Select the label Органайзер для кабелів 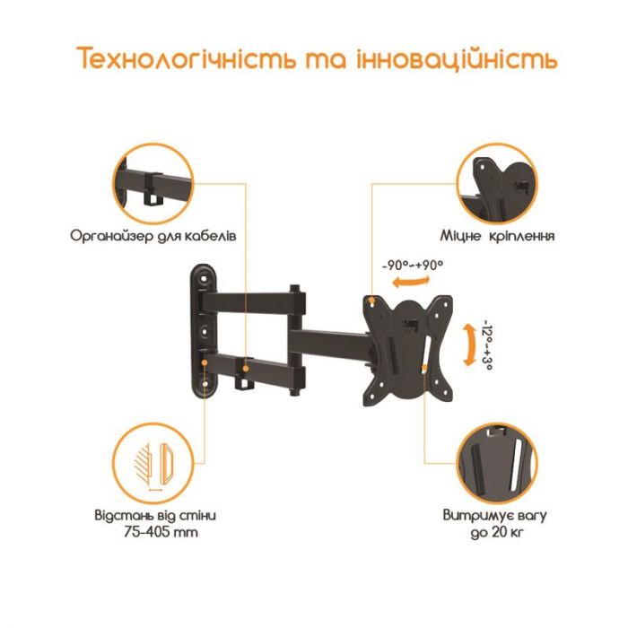(x=153, y=237)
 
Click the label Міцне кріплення (x=496, y=237)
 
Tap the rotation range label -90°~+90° (x=413, y=266)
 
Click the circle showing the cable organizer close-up (x=153, y=183)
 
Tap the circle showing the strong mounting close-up (x=496, y=183)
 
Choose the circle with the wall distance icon (x=153, y=463)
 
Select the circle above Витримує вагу (x=496, y=463)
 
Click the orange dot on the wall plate (x=206, y=364)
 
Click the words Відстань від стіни (x=154, y=517)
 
